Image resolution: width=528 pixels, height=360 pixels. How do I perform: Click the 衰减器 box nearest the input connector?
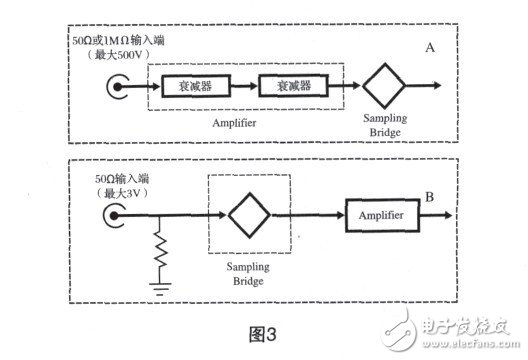(x=188, y=88)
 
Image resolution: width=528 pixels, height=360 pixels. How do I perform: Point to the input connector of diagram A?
(x=115, y=88)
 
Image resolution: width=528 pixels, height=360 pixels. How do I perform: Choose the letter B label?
(x=432, y=199)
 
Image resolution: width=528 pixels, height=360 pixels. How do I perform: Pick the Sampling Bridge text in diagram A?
(x=385, y=126)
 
